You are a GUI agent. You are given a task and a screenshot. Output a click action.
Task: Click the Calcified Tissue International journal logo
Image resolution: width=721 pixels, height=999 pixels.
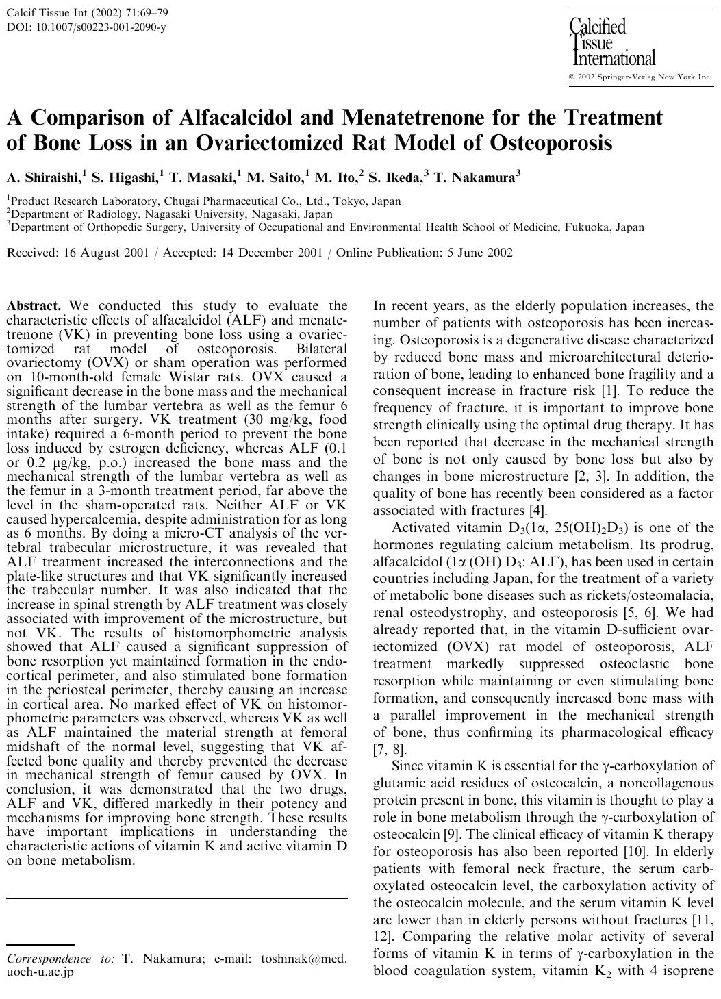point(611,42)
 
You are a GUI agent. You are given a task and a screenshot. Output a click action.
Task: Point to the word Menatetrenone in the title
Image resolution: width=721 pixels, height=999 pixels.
point(413,118)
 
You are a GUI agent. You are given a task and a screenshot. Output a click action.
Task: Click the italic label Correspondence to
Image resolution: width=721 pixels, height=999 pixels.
point(60,959)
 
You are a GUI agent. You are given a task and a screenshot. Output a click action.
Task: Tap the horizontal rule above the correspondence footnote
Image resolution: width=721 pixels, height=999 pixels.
point(177,897)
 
